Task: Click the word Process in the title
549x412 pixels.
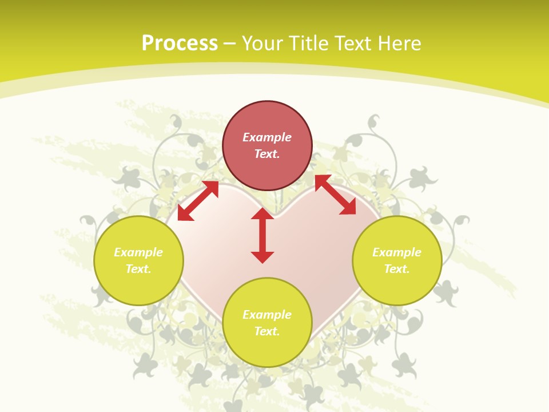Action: coord(180,43)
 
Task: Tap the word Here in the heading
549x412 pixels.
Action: coord(399,43)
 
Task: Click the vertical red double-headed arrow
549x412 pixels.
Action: coord(262,235)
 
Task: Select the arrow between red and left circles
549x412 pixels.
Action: coord(198,201)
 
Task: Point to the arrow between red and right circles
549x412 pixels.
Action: coord(336,195)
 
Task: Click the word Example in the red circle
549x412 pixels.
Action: coord(267,137)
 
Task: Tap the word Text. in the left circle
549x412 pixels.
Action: coord(138,269)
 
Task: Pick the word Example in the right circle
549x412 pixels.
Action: coord(397,252)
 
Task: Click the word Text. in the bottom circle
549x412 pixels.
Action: coord(267,331)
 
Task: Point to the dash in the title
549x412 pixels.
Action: coord(230,43)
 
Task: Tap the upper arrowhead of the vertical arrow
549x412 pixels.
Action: coord(262,214)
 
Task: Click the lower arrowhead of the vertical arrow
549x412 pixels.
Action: coord(262,257)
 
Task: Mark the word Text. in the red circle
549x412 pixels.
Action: coord(267,154)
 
